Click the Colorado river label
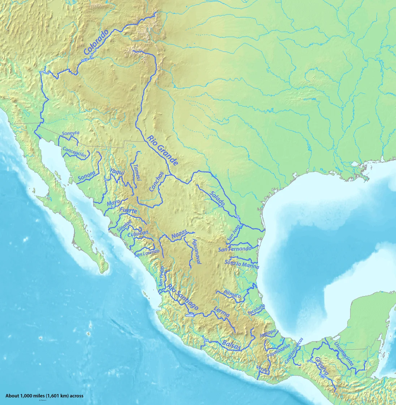(96, 42)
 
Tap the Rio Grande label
(163, 150)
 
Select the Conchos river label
(156, 181)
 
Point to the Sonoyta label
(70, 133)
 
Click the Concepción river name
(75, 152)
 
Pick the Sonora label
(86, 175)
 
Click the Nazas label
(180, 235)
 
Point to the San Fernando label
(234, 249)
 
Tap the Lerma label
(221, 312)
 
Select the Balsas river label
(231, 345)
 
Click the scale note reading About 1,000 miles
(44, 396)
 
